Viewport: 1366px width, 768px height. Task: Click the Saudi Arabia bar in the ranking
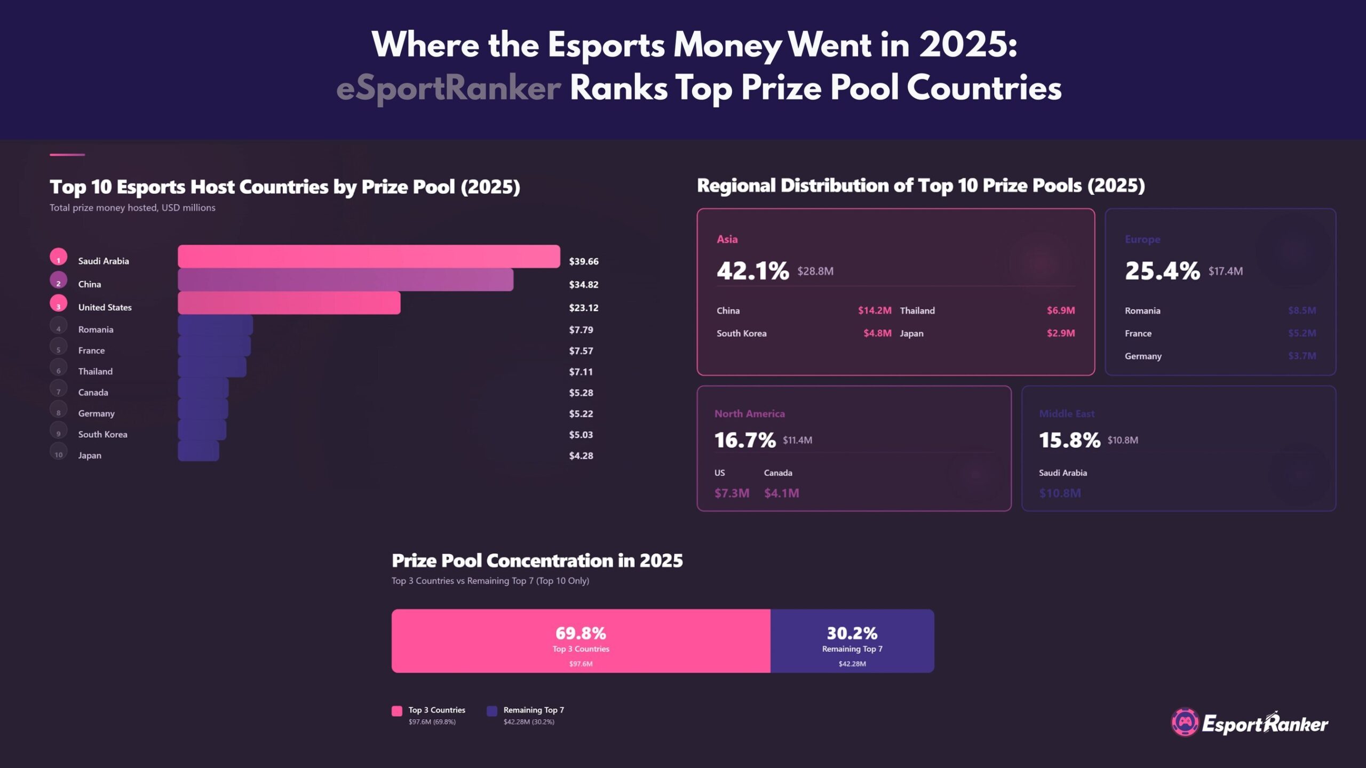(x=369, y=257)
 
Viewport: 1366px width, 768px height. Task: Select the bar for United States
(x=289, y=303)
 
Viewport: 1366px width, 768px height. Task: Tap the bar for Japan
(x=198, y=451)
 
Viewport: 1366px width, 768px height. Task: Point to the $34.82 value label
(x=583, y=284)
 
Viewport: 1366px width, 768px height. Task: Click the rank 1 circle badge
(x=59, y=257)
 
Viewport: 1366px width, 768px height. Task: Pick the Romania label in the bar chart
(x=96, y=330)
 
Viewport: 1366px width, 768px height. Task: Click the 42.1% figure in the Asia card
(x=752, y=271)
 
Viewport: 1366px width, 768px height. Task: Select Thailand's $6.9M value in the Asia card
(x=1060, y=310)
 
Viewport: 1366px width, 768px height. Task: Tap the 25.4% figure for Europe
(x=1162, y=271)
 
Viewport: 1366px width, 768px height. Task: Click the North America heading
(x=749, y=414)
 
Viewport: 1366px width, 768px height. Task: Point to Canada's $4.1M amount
(x=781, y=493)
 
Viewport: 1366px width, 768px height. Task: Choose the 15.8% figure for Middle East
(x=1069, y=441)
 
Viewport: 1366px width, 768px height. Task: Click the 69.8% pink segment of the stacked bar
(x=581, y=641)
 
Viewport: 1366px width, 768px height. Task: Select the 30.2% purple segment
(x=852, y=641)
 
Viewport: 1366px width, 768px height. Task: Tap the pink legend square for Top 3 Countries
(x=397, y=711)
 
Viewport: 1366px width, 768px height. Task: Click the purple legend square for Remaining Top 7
(x=492, y=711)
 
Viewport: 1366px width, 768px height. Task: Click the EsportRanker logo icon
(x=1185, y=723)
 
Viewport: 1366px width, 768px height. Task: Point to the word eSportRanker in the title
(x=448, y=88)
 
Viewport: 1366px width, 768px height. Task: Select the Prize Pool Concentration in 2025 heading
(x=537, y=561)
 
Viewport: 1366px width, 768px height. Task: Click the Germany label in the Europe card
(x=1142, y=356)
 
